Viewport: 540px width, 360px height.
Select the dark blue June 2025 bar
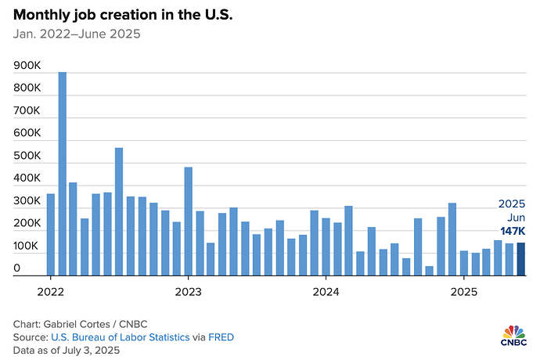pos(520,259)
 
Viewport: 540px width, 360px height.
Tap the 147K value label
pos(514,232)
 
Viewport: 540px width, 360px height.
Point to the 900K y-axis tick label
pos(27,67)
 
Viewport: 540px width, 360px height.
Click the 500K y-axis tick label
pos(27,157)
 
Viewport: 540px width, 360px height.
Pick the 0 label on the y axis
pos(17,268)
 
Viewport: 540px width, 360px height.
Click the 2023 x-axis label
pos(188,292)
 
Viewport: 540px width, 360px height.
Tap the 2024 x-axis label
pos(326,292)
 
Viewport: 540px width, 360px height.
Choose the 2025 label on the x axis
pos(463,292)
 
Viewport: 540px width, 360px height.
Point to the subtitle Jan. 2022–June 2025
pos(77,35)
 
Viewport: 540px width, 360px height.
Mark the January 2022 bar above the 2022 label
pos(51,235)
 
